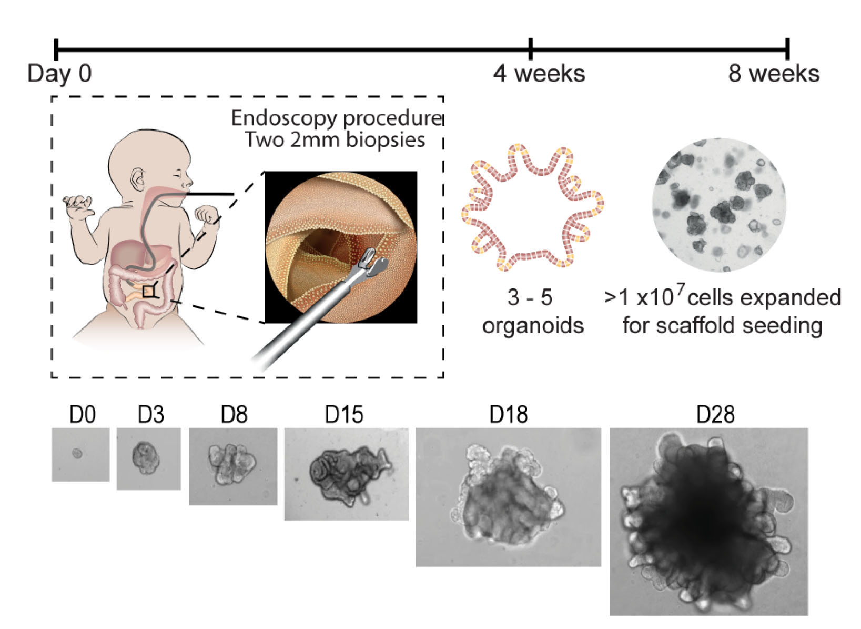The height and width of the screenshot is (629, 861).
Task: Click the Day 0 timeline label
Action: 59,74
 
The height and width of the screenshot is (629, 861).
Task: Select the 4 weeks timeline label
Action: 539,74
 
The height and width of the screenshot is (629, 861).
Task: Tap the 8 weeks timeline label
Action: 773,74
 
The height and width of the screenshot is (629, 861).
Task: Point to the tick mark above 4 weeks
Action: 531,49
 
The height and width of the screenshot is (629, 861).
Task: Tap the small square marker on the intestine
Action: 149,291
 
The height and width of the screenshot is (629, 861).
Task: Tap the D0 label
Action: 83,415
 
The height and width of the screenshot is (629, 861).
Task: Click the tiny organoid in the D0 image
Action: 77,453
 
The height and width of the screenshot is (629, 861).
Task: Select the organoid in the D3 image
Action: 145,457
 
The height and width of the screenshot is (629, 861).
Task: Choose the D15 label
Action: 344,415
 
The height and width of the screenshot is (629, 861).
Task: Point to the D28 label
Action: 715,415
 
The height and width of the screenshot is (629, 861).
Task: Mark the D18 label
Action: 508,415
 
